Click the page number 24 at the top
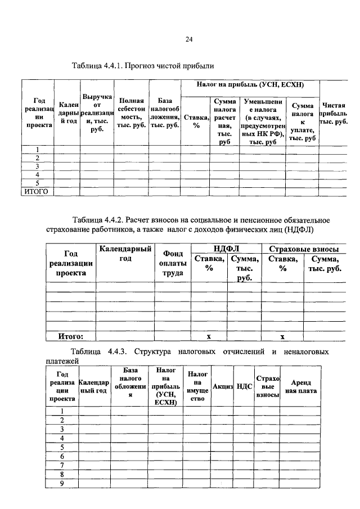[x=189, y=39]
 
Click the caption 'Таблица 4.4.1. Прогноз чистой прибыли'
[x=143, y=66]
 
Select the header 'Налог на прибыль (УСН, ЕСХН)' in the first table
[x=250, y=85]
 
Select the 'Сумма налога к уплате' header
[x=302, y=121]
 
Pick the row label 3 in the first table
[x=37, y=166]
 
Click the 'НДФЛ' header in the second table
[x=226, y=249]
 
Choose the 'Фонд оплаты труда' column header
[x=173, y=264]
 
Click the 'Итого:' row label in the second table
[x=71, y=336]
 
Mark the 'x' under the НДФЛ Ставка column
[x=209, y=336]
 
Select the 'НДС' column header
[x=244, y=386]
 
